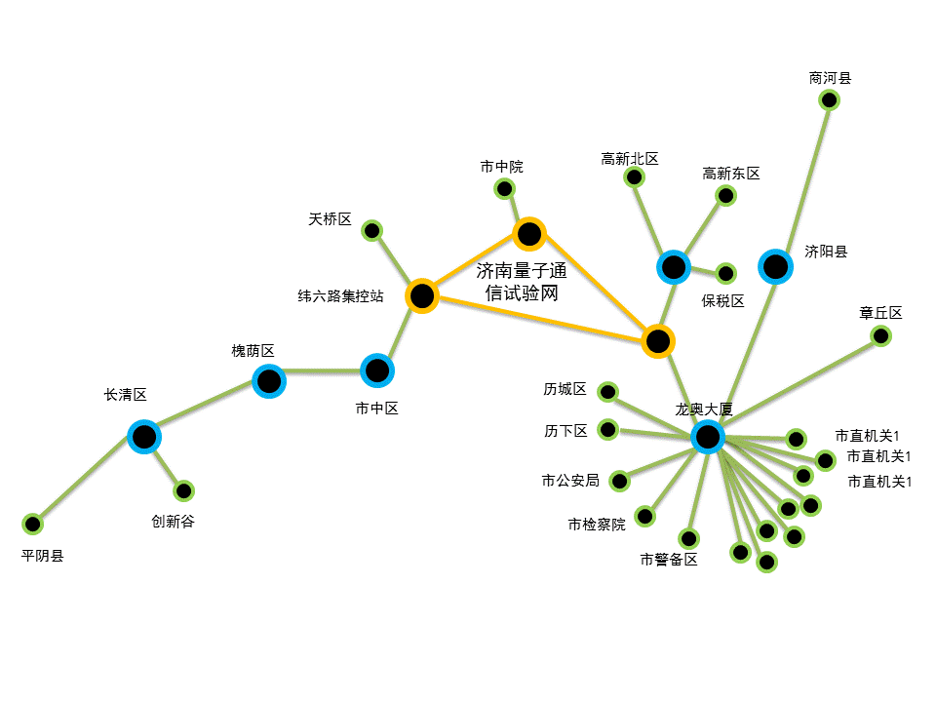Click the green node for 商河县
tap(829, 99)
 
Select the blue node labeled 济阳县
tap(775, 266)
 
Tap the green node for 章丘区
tap(880, 336)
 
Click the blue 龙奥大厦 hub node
tap(708, 437)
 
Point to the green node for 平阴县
tap(32, 525)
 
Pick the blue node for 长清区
tap(144, 437)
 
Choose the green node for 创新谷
tap(183, 491)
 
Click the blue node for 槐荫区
tap(269, 381)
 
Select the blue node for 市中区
tap(377, 370)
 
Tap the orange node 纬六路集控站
tap(422, 295)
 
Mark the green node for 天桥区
tap(371, 230)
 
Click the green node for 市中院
tap(504, 189)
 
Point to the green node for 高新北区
tap(634, 176)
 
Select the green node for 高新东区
tap(725, 195)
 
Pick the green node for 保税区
tap(725, 274)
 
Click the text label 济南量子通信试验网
tap(522, 282)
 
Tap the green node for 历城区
tap(607, 392)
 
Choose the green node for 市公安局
tap(620, 481)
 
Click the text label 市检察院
tap(597, 525)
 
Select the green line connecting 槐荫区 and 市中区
tap(323, 371)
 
